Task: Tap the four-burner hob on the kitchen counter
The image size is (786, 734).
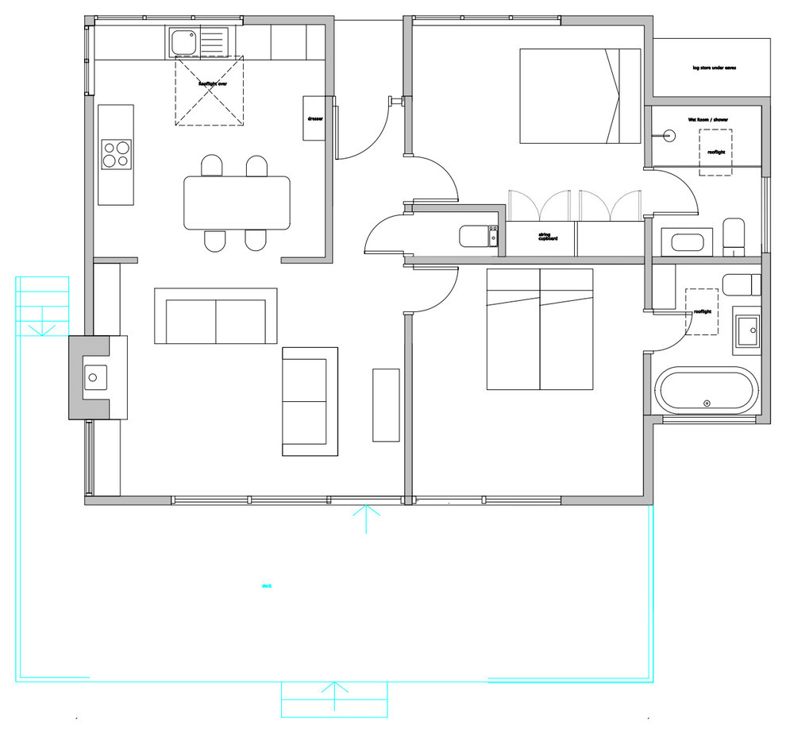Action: [115, 154]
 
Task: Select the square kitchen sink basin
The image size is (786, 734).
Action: [182, 41]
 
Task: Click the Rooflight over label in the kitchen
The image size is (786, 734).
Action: [212, 83]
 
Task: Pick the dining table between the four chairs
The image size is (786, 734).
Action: [237, 203]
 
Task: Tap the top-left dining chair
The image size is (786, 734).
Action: [212, 165]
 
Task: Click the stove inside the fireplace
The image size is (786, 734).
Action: [96, 377]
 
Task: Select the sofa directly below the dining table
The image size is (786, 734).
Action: [216, 316]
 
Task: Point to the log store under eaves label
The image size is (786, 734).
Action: [714, 68]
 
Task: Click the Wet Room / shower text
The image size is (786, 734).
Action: [707, 119]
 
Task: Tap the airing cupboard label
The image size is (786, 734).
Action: [545, 236]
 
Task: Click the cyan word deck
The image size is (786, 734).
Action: [267, 586]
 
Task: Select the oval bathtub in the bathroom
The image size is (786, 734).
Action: [705, 391]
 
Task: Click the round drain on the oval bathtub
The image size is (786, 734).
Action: [706, 404]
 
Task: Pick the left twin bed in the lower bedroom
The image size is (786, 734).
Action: [513, 329]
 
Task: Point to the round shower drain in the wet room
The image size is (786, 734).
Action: [667, 137]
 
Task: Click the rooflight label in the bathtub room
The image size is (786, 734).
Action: [703, 312]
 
